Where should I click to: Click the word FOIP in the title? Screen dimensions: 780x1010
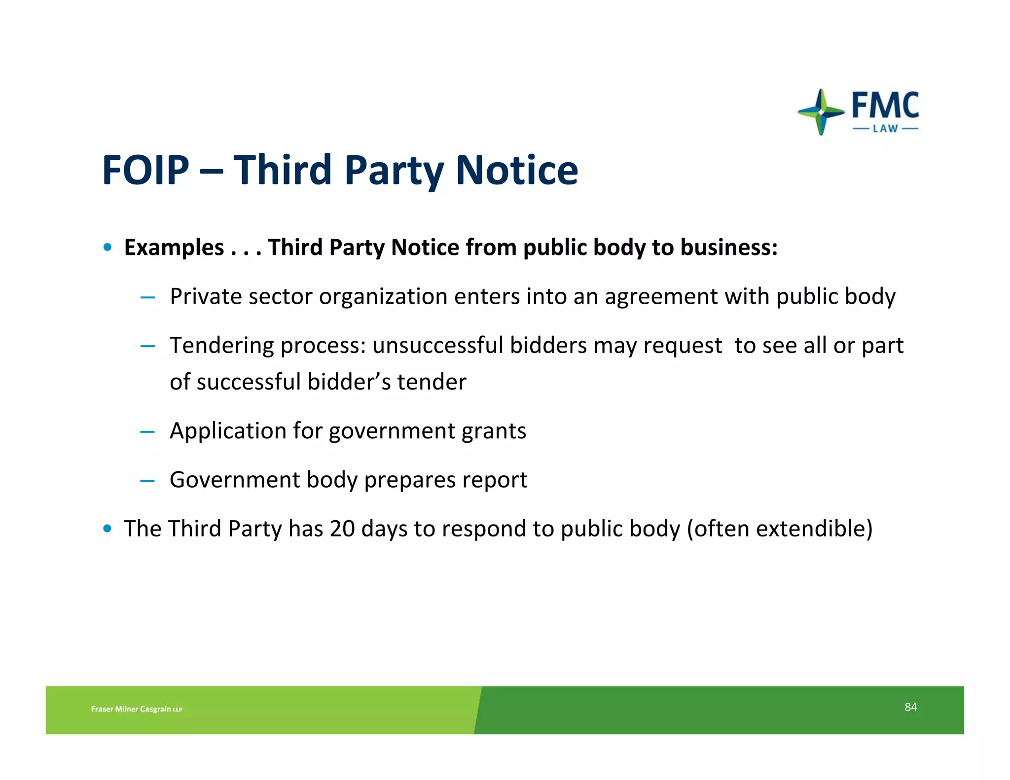[x=145, y=170]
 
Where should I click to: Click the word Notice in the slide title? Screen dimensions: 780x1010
[x=516, y=170]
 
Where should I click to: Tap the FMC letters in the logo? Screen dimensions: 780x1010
[x=885, y=105]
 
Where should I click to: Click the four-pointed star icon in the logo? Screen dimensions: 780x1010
[x=821, y=112]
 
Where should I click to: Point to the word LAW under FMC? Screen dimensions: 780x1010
[x=885, y=129]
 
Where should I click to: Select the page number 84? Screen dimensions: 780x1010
[x=910, y=707]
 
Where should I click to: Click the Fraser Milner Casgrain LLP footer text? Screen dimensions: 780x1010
[x=137, y=709]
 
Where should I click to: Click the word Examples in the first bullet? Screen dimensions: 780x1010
[x=174, y=248]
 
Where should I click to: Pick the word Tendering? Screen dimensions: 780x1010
[x=221, y=346]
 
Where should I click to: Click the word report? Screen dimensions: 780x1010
[x=498, y=480]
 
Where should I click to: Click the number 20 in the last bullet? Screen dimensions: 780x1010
[x=342, y=529]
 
